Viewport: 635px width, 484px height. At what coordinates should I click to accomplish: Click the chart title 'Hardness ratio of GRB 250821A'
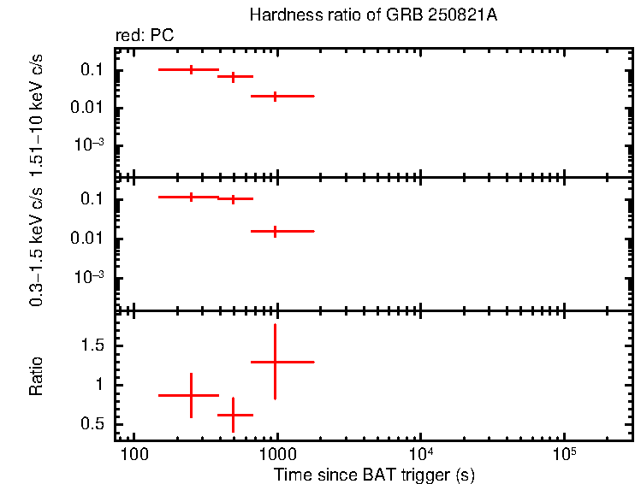coord(372,15)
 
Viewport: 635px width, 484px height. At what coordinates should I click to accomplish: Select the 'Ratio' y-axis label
coord(37,377)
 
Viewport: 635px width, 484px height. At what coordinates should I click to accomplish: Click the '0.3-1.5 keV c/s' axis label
coord(37,245)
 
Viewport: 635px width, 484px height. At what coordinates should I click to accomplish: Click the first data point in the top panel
coord(191,69)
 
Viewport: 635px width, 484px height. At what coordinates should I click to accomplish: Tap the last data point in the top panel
coord(275,96)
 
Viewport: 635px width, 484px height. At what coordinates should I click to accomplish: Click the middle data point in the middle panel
coord(233,198)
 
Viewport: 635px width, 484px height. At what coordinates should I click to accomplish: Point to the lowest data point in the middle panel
coord(275,231)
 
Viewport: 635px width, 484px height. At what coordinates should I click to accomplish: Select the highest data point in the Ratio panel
coord(275,362)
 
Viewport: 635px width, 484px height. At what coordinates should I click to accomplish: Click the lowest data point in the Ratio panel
coord(233,415)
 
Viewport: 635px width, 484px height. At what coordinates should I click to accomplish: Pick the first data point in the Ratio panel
coord(191,395)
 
